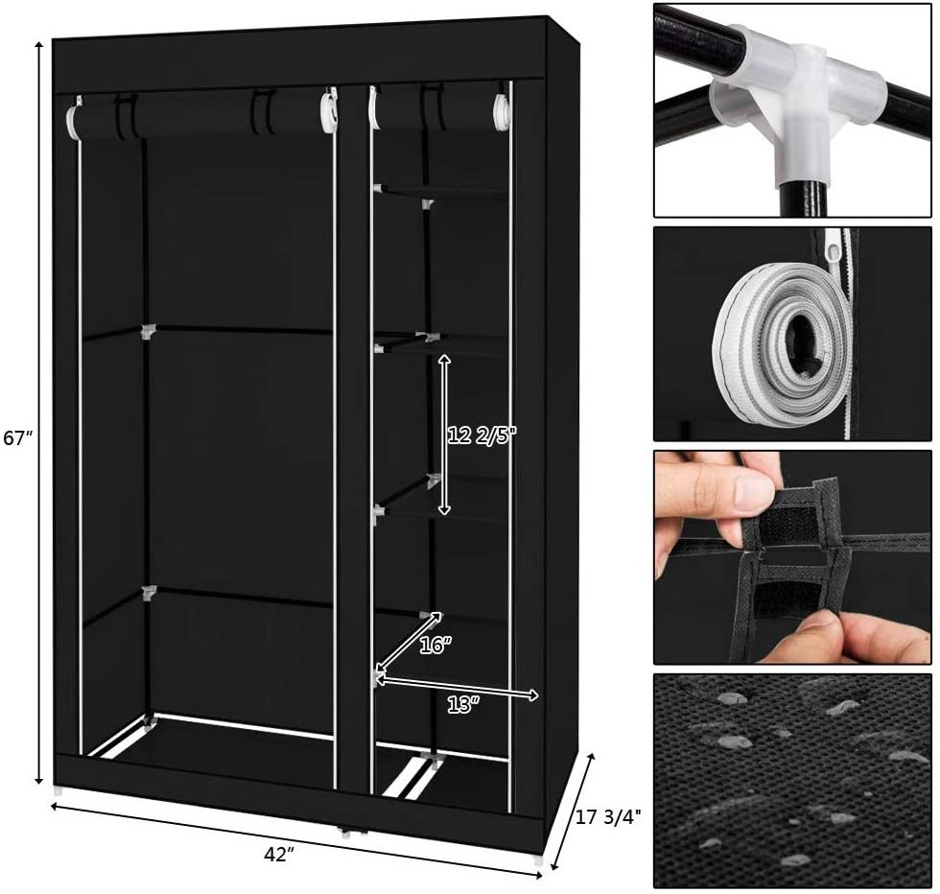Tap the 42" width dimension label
(278, 855)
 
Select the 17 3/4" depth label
(608, 816)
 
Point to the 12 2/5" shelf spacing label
(482, 435)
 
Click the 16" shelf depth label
(435, 646)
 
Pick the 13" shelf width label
(462, 705)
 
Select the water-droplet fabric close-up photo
(792, 781)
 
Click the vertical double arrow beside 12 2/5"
(443, 435)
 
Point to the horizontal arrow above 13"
(457, 688)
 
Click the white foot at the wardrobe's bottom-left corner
(58, 790)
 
